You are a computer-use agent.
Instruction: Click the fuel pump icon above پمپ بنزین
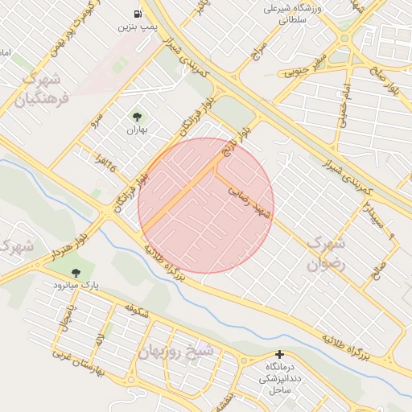point(138,14)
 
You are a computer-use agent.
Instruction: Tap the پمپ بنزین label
point(137,27)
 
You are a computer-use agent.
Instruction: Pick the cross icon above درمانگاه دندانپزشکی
point(279,354)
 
